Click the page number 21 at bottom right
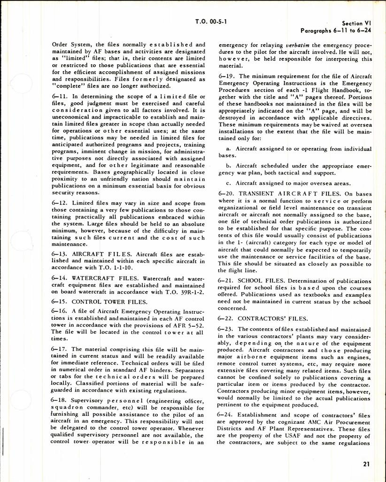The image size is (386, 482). pos(366,464)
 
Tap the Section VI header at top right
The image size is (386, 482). pos(359,23)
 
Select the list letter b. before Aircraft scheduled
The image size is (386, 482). pos(227,166)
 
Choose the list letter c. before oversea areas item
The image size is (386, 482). pos(227,183)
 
